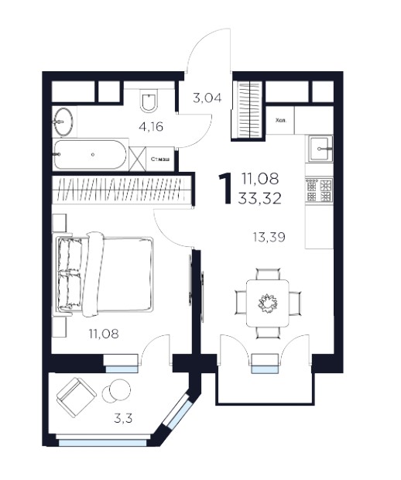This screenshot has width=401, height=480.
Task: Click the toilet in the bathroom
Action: pyautogui.click(x=149, y=100)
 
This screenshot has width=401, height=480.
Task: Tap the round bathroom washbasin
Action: pyautogui.click(x=63, y=122)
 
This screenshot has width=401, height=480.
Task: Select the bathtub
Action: pyautogui.click(x=90, y=155)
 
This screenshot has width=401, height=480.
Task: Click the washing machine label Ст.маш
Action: pyautogui.click(x=160, y=159)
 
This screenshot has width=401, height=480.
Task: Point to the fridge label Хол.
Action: pyautogui.click(x=281, y=121)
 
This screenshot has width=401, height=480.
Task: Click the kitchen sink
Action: pyautogui.click(x=320, y=149)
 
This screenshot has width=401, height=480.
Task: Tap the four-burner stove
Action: pyautogui.click(x=319, y=190)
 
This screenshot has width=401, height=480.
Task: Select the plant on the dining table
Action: pyautogui.click(x=268, y=303)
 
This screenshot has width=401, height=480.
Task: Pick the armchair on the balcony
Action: pyautogui.click(x=76, y=397)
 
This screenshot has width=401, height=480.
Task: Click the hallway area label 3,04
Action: pyautogui.click(x=207, y=98)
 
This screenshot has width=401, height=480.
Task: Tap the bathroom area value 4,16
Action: pyautogui.click(x=151, y=126)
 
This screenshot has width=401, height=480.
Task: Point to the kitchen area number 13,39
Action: pyautogui.click(x=269, y=237)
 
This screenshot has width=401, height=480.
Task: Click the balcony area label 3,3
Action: pyautogui.click(x=123, y=418)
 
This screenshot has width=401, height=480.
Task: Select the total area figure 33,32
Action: pyautogui.click(x=260, y=199)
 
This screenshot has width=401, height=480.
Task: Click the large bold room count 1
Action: pyautogui.click(x=226, y=188)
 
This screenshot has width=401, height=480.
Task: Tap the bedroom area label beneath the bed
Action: pyautogui.click(x=104, y=334)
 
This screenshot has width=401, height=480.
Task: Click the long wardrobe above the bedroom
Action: pyautogui.click(x=121, y=190)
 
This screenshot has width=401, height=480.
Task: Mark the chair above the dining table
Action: pyautogui.click(x=268, y=274)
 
